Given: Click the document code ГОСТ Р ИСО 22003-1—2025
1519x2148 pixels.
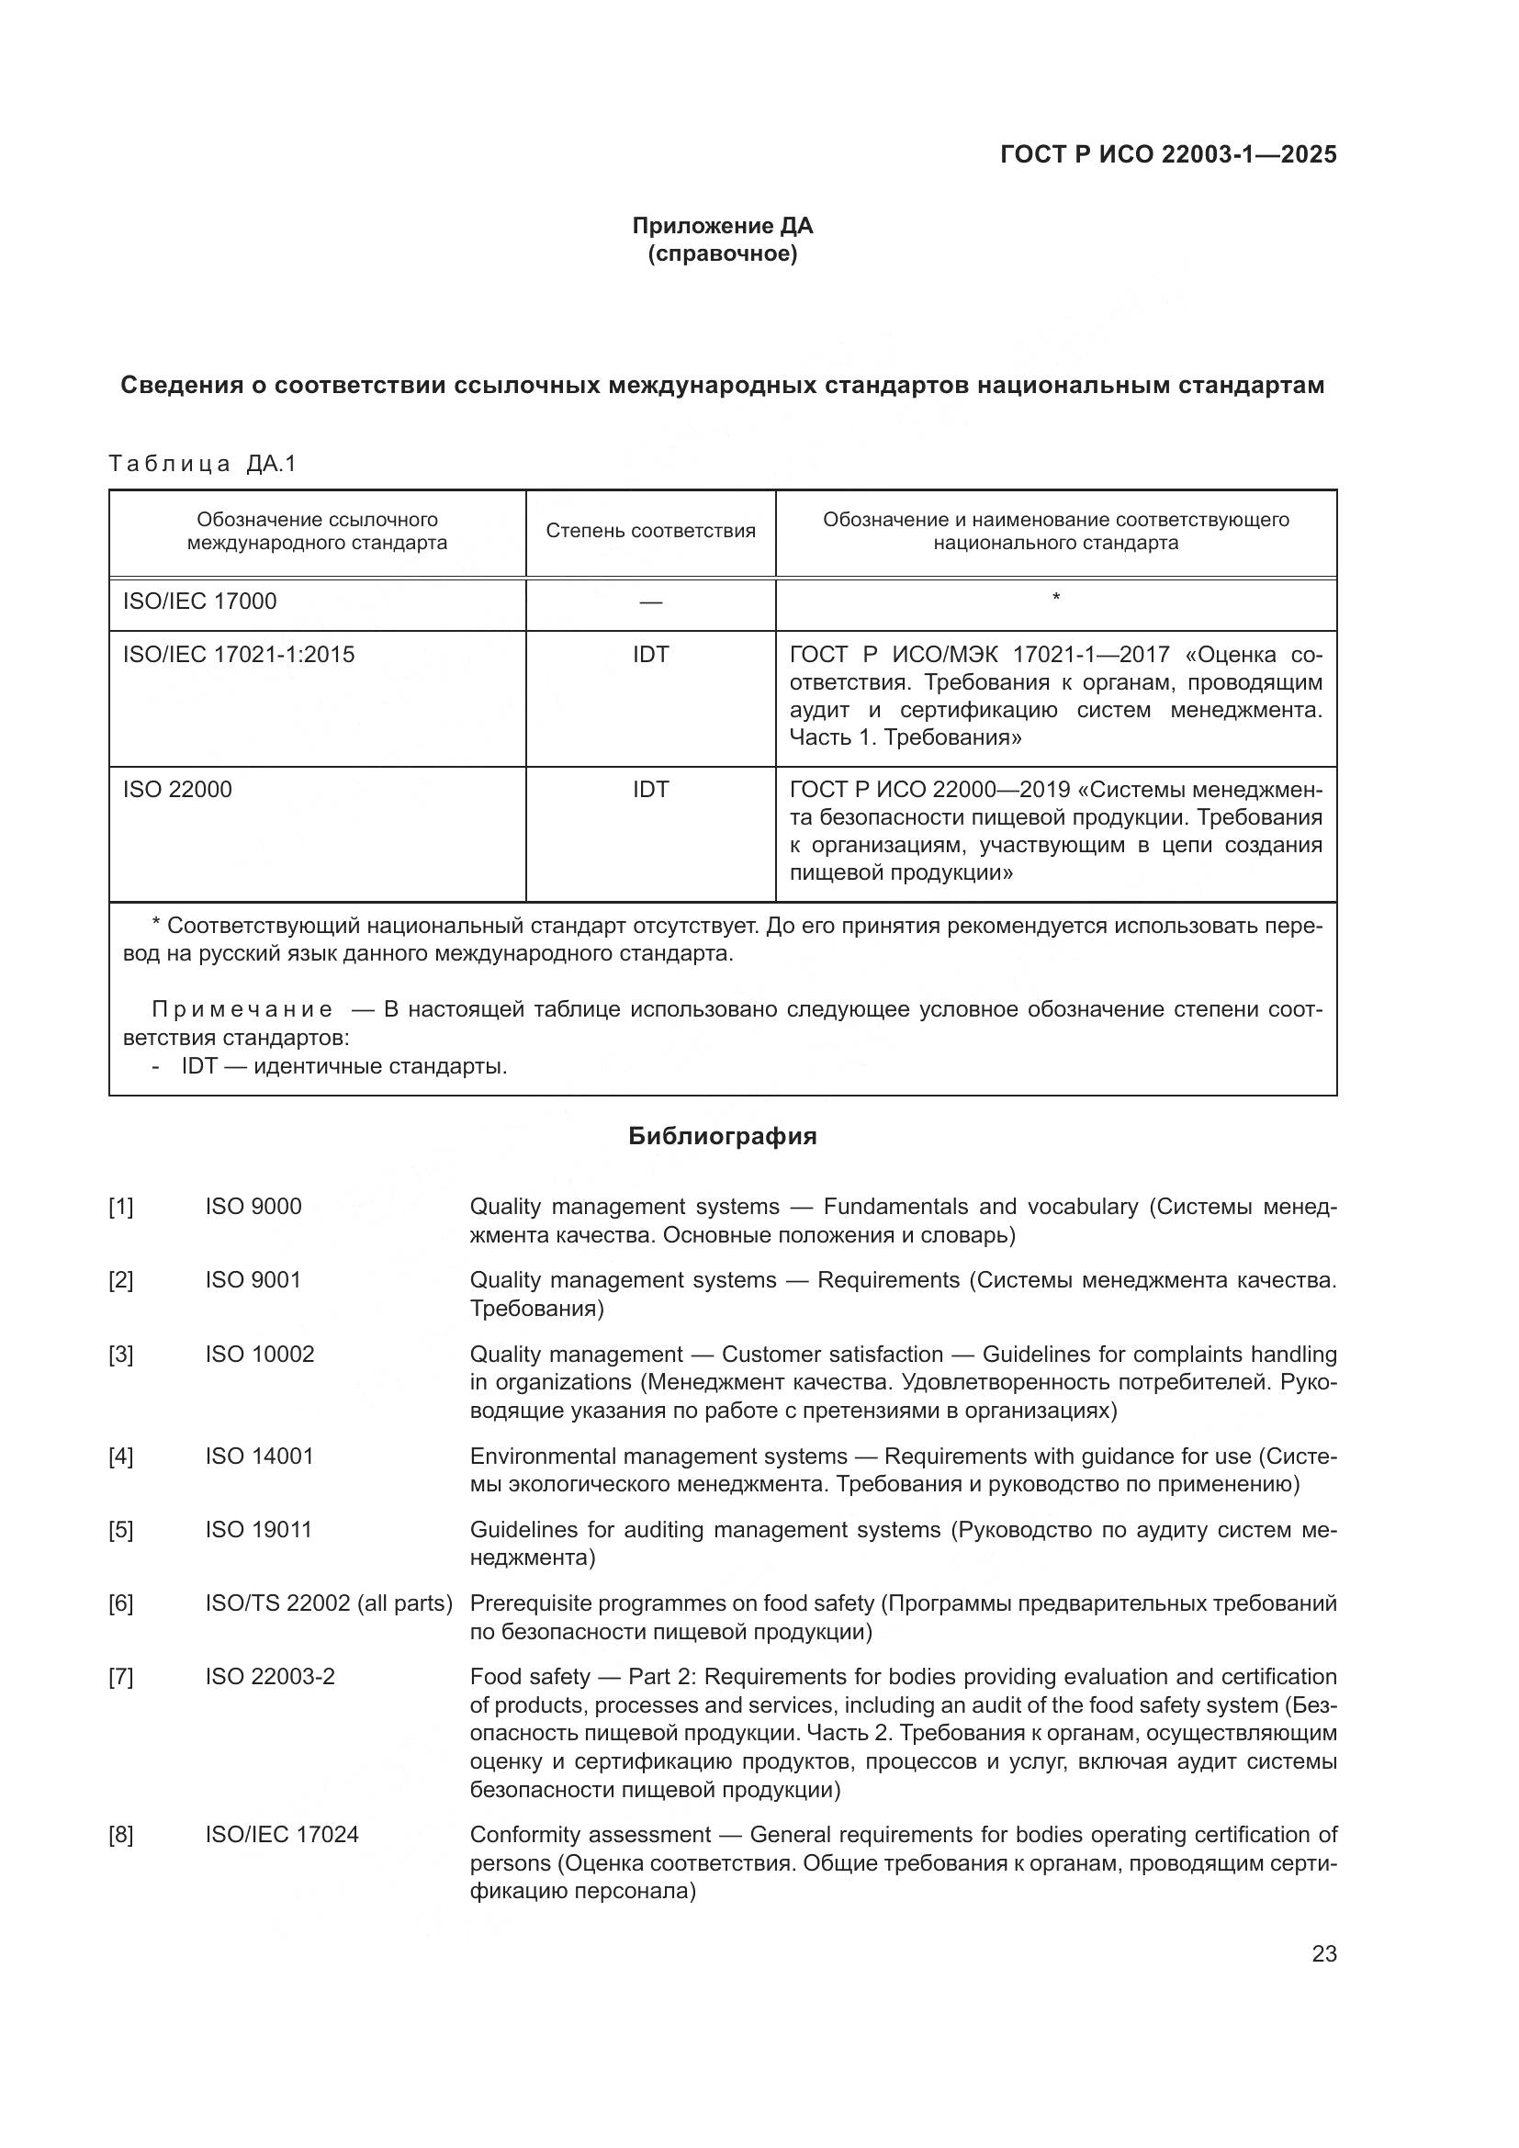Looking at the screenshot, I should coord(1168,154).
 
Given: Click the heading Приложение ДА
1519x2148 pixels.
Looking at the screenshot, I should coord(722,226).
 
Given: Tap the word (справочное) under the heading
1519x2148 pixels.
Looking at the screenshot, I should coord(722,253).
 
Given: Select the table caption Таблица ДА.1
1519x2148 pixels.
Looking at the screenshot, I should coord(202,464).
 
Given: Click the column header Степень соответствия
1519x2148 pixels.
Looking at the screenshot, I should coord(650,532).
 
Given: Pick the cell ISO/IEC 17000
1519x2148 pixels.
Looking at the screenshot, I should coord(200,602).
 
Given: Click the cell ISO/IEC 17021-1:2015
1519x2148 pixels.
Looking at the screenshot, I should coord(239,655).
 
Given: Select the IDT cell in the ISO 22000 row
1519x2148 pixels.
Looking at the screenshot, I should coord(650,790).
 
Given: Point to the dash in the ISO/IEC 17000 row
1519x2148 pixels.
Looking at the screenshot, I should coord(650,602).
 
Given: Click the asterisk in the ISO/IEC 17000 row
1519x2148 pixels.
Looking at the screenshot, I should coord(1056,597).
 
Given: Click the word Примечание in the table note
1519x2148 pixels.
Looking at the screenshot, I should coord(242,1009).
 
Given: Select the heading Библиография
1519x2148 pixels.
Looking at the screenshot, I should coord(722,1137).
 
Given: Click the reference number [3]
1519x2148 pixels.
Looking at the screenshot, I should coord(120,1355).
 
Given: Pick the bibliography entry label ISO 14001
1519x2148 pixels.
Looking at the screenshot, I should coord(259,1456).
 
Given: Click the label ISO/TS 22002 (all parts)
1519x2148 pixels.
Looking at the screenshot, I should coord(328,1603).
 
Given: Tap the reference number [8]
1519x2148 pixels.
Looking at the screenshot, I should coord(120,1835).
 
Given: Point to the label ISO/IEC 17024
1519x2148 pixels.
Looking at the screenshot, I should coord(282,1835).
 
